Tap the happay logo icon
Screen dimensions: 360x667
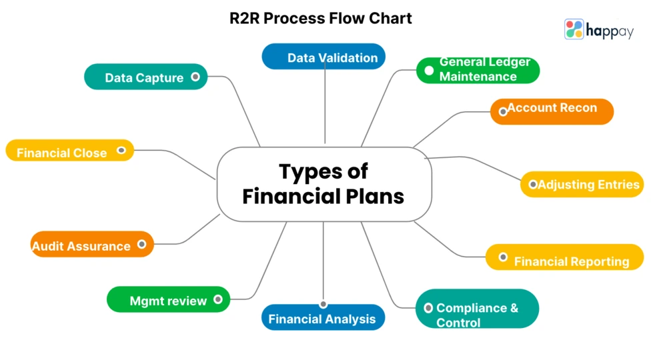pos(574,29)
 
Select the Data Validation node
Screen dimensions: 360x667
pos(323,57)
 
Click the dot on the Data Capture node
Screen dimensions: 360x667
pos(195,77)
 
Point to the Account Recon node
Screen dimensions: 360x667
pos(552,109)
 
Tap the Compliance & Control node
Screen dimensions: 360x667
pos(477,315)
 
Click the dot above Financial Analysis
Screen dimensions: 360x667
pos(323,304)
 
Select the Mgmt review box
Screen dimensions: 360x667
pos(168,301)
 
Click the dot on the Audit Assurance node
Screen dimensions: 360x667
pos(141,245)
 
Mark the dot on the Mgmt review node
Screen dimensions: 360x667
pos(218,300)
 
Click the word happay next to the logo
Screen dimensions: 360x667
pos(609,30)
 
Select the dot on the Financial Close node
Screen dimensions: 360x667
pos(121,151)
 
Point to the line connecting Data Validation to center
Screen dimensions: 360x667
pos(325,107)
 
